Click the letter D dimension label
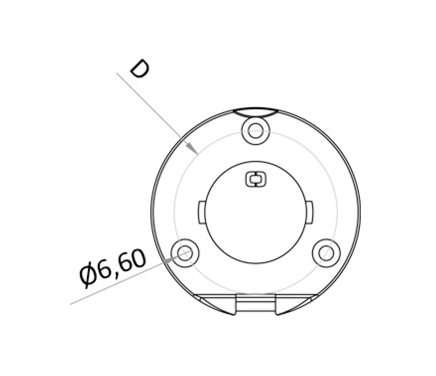pos(140,69)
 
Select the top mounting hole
pos(255,131)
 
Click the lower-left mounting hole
pos(185,253)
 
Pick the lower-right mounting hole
pos(326,253)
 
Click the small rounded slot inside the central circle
pos(255,179)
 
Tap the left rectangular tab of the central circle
pos(202,212)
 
